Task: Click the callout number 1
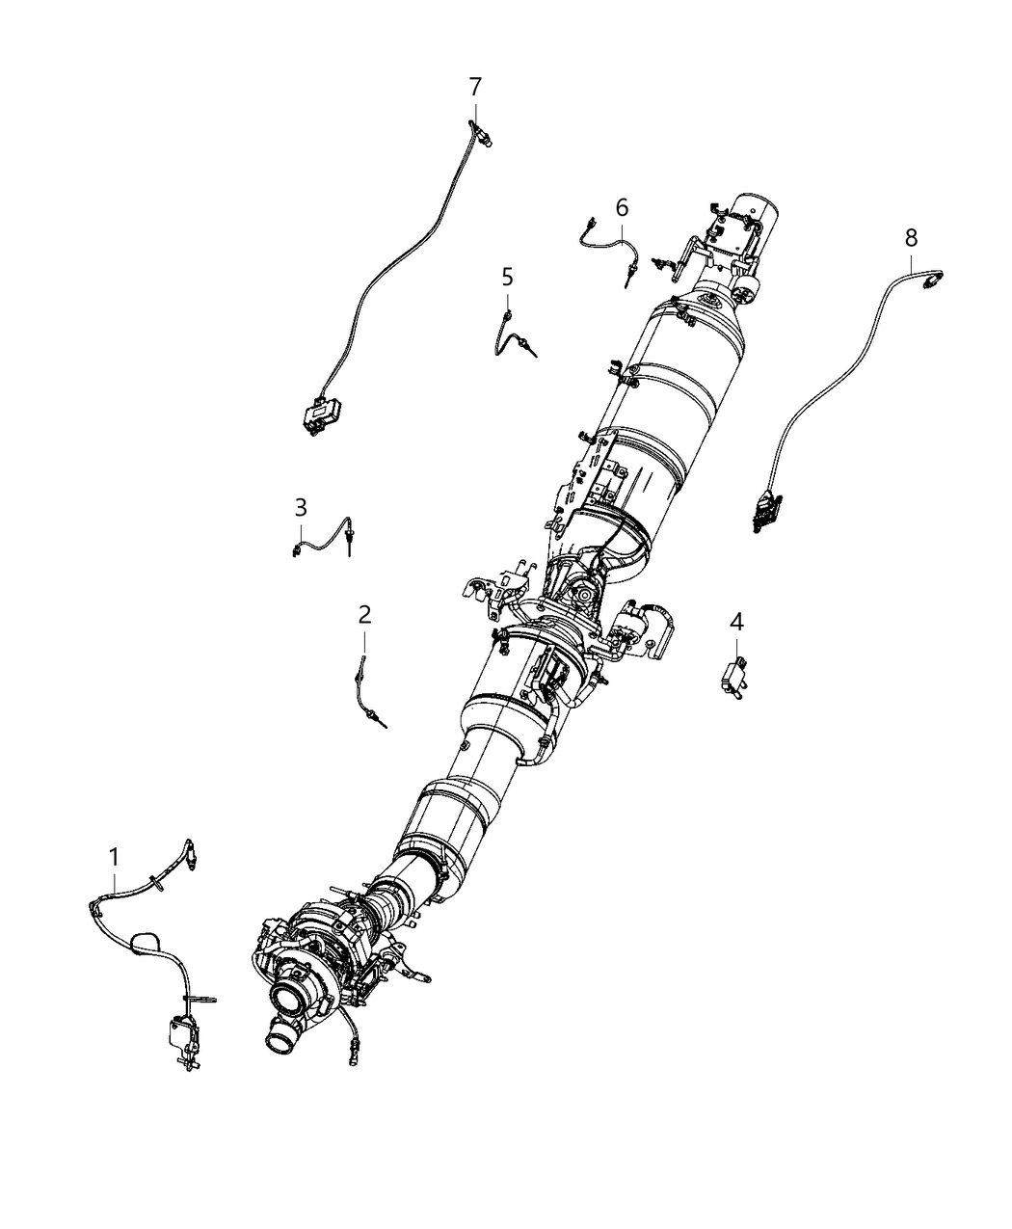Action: [114, 858]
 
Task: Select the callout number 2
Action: [364, 615]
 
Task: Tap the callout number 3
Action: [301, 507]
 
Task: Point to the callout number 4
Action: [736, 622]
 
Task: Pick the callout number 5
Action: [508, 277]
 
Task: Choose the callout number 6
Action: [623, 207]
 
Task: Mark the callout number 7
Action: [475, 87]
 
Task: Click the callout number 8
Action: [911, 238]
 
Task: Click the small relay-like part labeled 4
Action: [735, 679]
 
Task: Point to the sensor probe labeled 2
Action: [367, 690]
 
